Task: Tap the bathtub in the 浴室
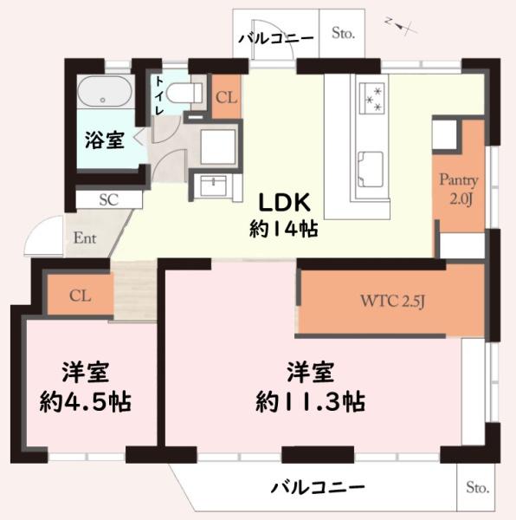[105, 92]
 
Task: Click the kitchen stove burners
[375, 95]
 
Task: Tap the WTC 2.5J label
[392, 302]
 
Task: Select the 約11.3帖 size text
[309, 401]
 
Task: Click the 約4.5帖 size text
[85, 401]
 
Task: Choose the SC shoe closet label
[108, 198]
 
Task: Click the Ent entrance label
[85, 237]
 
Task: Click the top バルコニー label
[276, 37]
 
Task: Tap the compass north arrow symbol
[403, 27]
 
